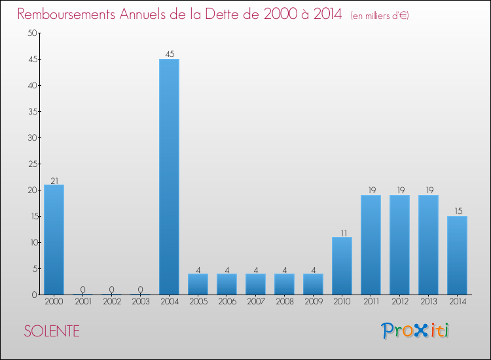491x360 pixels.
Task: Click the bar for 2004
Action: [x=169, y=177]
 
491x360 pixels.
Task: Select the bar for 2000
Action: [x=54, y=240]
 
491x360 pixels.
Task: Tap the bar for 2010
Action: [x=342, y=266]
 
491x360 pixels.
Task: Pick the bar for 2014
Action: [x=457, y=255]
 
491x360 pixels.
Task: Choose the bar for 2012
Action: [x=399, y=245]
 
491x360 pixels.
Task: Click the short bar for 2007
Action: [x=255, y=284]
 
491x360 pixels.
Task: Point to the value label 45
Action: [x=169, y=54]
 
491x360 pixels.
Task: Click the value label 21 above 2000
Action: [x=54, y=180]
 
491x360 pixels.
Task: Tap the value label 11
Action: [x=342, y=232]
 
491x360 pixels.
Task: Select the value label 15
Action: [x=457, y=211]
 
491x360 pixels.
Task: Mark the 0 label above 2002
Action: [x=111, y=289]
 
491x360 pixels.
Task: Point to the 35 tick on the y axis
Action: [x=31, y=112]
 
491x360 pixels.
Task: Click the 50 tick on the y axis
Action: [x=31, y=33]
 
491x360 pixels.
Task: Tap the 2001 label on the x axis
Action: [x=82, y=302]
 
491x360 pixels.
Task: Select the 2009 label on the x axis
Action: [x=313, y=302]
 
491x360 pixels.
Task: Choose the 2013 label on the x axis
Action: [x=428, y=302]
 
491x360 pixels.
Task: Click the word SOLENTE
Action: [x=52, y=331]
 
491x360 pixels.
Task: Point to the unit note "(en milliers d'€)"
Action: [x=380, y=15]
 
